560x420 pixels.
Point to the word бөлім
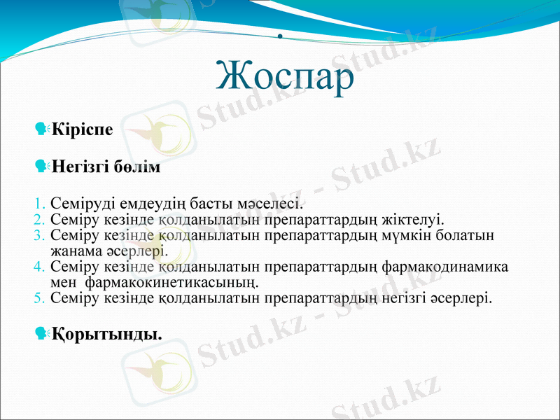click(139, 168)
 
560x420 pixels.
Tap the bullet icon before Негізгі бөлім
click(41, 167)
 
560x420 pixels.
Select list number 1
click(40, 204)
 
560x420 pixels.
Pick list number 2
click(40, 220)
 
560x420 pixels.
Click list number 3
click(40, 235)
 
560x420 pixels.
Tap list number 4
click(40, 267)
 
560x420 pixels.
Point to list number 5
click(40, 298)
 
